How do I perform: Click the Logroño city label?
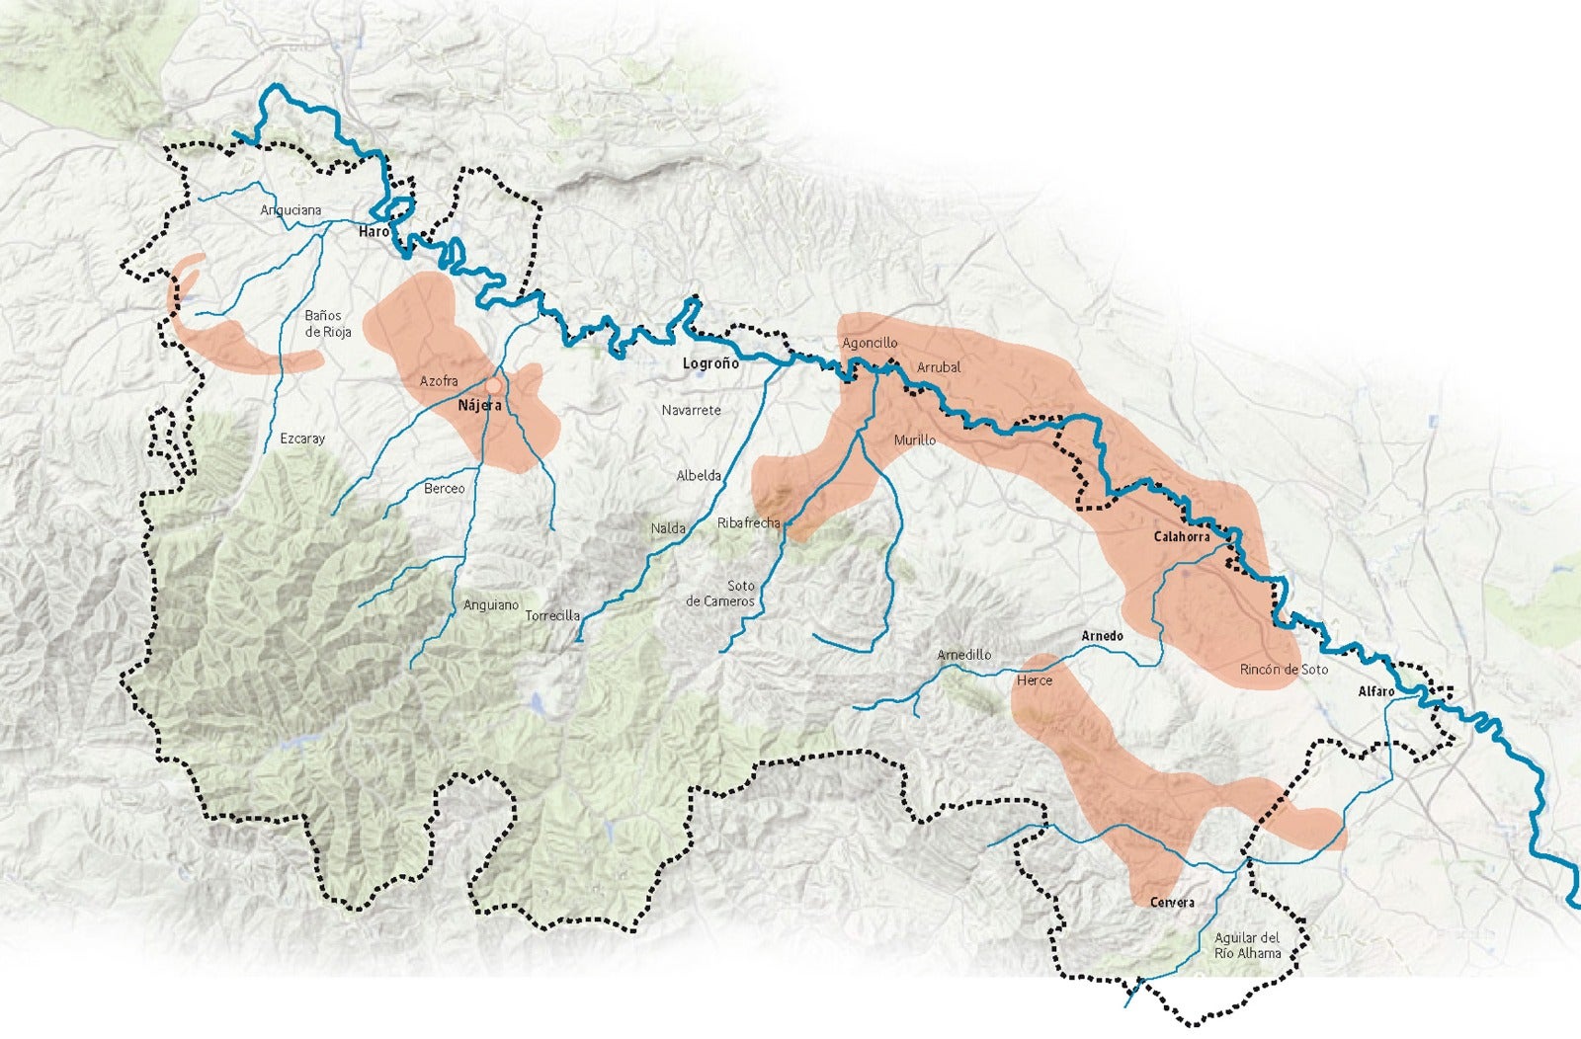tap(710, 363)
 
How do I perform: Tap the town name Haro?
tap(374, 231)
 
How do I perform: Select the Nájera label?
tap(480, 406)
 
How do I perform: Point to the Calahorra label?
tap(1182, 537)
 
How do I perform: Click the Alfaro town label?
tap(1375, 691)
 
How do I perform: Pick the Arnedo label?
tap(1102, 636)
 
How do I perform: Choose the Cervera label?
tap(1172, 903)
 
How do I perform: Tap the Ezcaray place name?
tap(302, 439)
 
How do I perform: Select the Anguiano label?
tap(491, 605)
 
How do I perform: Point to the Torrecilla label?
tap(552, 616)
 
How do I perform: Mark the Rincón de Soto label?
tap(1284, 670)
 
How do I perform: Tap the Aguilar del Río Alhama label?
tap(1247, 945)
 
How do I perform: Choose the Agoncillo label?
tap(870, 344)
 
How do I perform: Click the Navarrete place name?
tap(692, 410)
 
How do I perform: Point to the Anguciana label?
tap(291, 210)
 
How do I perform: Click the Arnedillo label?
tap(963, 655)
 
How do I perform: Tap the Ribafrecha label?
tap(748, 523)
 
